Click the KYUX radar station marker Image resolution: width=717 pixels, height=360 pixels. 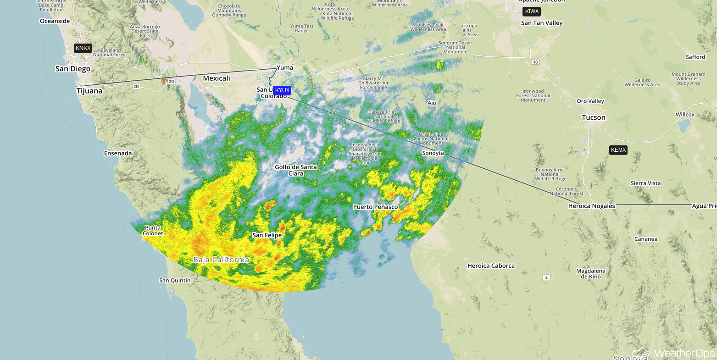pyautogui.click(x=282, y=90)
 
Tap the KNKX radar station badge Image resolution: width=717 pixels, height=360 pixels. pyautogui.click(x=83, y=48)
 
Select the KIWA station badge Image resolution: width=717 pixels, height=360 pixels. pyautogui.click(x=532, y=11)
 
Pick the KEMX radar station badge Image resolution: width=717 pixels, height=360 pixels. pyautogui.click(x=618, y=150)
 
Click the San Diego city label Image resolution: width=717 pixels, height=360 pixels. pyautogui.click(x=72, y=69)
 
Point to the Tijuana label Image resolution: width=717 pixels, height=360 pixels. pyautogui.click(x=89, y=91)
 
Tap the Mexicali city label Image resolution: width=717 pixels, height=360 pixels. pyautogui.click(x=217, y=78)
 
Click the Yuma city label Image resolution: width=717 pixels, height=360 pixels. pyautogui.click(x=285, y=68)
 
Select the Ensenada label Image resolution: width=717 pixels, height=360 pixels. pyautogui.click(x=118, y=153)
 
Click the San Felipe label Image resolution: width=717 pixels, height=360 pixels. pyautogui.click(x=267, y=235)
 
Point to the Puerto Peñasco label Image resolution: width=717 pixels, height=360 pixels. pyautogui.click(x=375, y=207)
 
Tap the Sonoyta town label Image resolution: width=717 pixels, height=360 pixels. pyautogui.click(x=433, y=153)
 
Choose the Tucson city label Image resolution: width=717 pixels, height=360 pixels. pyautogui.click(x=594, y=117)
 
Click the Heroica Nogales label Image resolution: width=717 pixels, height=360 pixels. pyautogui.click(x=591, y=206)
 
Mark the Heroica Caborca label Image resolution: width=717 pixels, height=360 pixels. pyautogui.click(x=491, y=266)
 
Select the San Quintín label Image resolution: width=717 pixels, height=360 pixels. pyautogui.click(x=175, y=280)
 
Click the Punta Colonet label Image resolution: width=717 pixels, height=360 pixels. pyautogui.click(x=153, y=230)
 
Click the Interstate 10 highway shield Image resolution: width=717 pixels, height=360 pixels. pyautogui.click(x=535, y=61)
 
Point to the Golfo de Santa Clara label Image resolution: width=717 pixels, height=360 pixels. pyautogui.click(x=296, y=170)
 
